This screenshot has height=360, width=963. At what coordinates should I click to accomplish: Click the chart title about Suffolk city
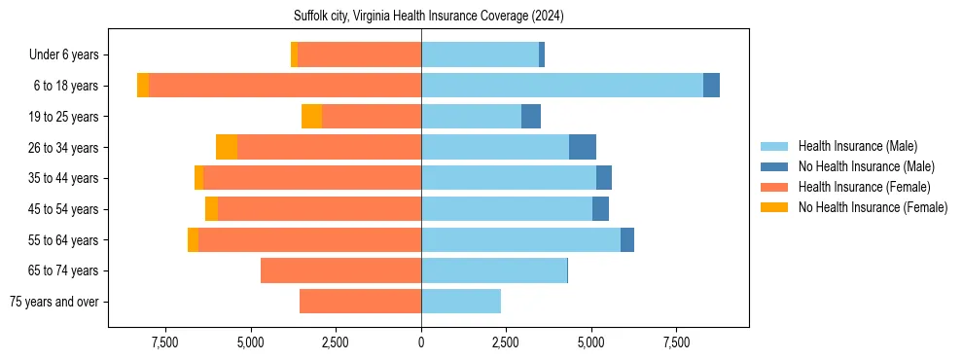(428, 17)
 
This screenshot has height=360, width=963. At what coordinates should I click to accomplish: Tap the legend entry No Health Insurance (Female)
(873, 207)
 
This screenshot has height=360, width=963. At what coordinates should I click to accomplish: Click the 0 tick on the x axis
(421, 342)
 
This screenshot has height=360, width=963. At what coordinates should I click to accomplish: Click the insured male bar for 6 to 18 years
(562, 86)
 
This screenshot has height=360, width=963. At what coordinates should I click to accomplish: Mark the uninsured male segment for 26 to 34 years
(583, 147)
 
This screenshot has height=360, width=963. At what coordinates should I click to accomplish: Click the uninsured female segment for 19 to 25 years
(311, 117)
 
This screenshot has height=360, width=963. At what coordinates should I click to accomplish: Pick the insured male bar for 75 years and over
(461, 302)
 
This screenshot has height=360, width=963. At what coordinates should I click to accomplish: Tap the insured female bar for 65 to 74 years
(340, 270)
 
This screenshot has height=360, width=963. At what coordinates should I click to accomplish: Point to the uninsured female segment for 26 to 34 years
(227, 147)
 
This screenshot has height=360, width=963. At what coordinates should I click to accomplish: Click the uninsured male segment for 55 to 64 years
(627, 239)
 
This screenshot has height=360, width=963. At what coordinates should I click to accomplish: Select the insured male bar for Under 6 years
(480, 54)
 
